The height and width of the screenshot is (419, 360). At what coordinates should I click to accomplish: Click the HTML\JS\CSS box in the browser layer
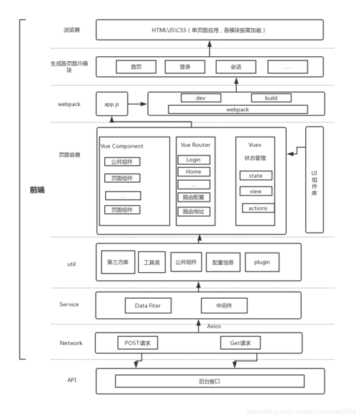point(210,30)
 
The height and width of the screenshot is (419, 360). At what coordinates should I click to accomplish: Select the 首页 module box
point(136,67)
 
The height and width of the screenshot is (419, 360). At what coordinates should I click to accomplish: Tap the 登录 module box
point(185,67)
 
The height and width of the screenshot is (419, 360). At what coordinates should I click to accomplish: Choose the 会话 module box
point(235,67)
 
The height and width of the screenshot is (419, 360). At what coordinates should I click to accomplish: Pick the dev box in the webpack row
point(201,98)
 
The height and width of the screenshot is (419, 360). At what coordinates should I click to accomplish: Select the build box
point(271,98)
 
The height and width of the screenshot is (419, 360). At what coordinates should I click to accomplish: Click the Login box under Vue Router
point(194,160)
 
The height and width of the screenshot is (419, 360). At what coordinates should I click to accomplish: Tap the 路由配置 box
point(194,197)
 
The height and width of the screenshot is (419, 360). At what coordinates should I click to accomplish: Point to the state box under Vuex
point(256,175)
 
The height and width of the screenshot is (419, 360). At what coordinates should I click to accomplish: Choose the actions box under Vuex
point(257,208)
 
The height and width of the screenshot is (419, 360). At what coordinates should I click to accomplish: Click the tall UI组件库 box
point(314,179)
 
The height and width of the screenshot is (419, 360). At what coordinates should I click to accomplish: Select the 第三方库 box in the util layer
point(118,262)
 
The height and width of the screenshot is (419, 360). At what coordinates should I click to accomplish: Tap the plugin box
point(262,262)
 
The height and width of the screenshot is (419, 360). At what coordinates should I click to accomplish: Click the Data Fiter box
point(148,305)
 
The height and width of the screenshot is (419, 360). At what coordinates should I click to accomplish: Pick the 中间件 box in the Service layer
point(224,305)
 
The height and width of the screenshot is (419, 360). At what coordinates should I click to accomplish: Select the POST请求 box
point(137,343)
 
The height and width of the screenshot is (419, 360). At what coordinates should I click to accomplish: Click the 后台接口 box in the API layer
point(209,381)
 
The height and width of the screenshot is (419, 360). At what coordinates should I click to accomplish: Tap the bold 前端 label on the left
point(37,190)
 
